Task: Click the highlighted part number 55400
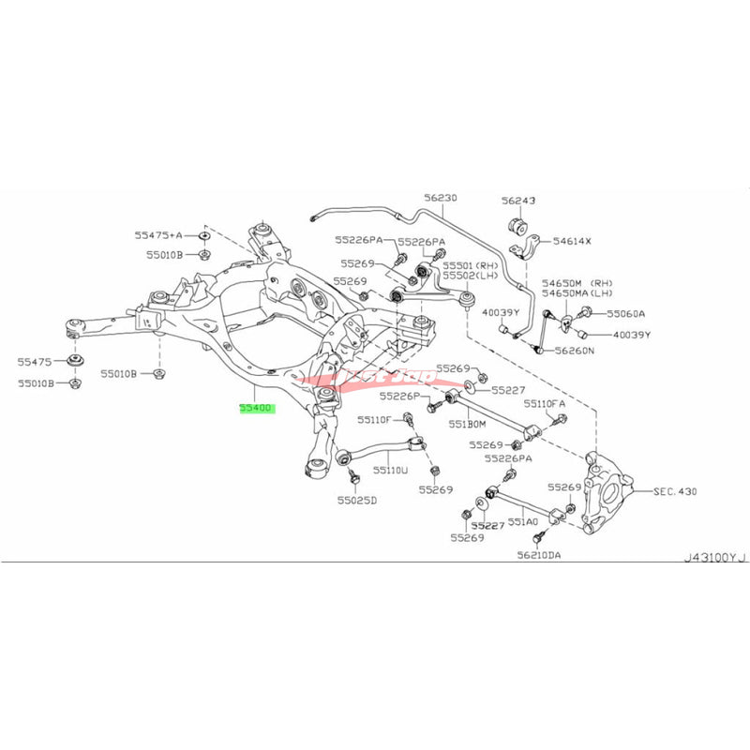(252, 409)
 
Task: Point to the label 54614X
(572, 241)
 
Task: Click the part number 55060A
(626, 314)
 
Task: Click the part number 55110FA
(545, 403)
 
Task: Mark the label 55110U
(391, 469)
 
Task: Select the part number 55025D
(356, 501)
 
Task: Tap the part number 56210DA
(541, 556)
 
